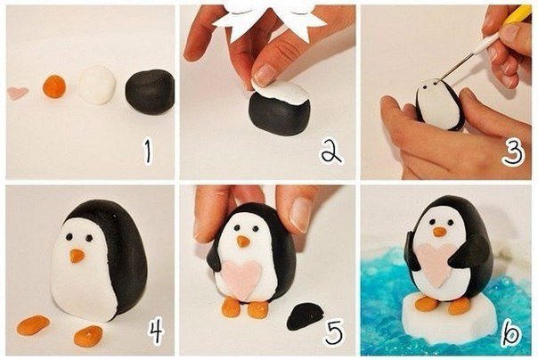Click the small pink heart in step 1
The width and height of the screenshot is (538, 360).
17,93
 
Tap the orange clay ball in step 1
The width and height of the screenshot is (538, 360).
54,86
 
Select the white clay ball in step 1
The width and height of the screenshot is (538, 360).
97,85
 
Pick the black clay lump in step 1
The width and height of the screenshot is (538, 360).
150,92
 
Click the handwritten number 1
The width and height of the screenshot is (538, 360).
148,152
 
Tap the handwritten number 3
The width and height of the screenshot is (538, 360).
513,153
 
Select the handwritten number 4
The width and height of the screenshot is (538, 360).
157,331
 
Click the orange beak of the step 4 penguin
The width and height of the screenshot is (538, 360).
77,256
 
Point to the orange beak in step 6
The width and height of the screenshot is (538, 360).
439,232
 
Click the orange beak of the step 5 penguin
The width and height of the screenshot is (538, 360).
243,241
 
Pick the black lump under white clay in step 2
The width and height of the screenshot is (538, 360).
279,113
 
